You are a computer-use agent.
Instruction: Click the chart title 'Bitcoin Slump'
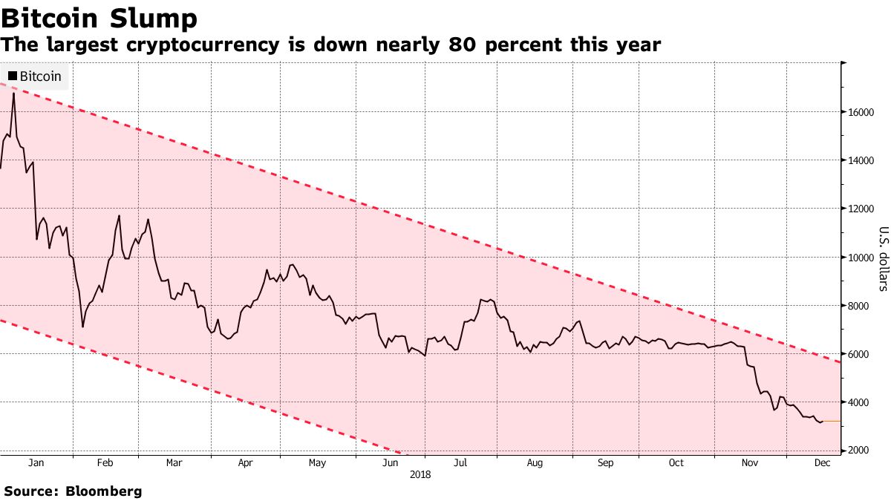(x=99, y=18)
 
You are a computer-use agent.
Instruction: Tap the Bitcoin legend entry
(x=35, y=76)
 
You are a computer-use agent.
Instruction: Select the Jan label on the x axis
(x=35, y=463)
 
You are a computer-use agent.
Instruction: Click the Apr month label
(x=246, y=463)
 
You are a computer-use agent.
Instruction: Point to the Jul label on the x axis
(x=460, y=463)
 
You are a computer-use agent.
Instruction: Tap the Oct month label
(x=676, y=463)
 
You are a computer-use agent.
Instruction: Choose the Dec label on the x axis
(x=820, y=463)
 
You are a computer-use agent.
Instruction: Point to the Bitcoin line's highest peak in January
(x=14, y=94)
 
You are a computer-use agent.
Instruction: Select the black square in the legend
(x=13, y=76)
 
